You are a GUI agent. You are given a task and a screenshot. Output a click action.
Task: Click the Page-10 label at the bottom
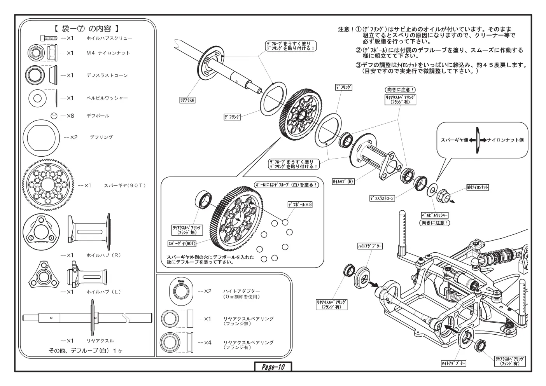[x=273, y=367]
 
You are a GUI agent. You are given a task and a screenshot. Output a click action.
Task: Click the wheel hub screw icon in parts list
[x=49, y=38]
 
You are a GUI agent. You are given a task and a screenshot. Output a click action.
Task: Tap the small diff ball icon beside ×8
[x=54, y=116]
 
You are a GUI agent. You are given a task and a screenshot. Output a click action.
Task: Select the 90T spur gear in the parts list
[x=48, y=185]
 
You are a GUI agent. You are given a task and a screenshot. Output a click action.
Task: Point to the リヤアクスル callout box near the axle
[x=187, y=100]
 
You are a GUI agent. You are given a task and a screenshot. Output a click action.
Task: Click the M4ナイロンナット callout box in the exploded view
[x=478, y=187]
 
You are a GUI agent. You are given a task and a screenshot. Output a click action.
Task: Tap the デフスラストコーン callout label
[x=382, y=198]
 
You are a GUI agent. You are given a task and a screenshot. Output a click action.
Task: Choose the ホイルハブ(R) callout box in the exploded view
[x=343, y=182]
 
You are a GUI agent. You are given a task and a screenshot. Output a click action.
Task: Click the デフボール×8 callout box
[x=300, y=205]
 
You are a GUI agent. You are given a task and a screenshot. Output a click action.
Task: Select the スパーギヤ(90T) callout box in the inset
[x=182, y=243]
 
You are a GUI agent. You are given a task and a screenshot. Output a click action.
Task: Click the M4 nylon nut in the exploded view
[x=443, y=196]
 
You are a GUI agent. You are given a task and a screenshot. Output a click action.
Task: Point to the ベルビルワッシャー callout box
[x=435, y=215]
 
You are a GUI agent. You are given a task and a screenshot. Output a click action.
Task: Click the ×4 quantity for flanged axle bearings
[x=205, y=342]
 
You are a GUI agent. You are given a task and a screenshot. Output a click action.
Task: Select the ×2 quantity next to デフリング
[x=71, y=138]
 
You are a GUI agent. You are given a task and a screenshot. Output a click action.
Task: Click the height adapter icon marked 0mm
[x=181, y=291]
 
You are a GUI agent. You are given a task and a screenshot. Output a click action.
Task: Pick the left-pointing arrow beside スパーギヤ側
[x=472, y=140]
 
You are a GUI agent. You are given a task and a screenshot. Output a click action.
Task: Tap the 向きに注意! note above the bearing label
[x=400, y=90]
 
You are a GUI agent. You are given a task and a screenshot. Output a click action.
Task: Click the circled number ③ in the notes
[x=359, y=65]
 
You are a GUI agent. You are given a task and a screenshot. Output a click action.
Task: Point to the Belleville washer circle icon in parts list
[x=37, y=98]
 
